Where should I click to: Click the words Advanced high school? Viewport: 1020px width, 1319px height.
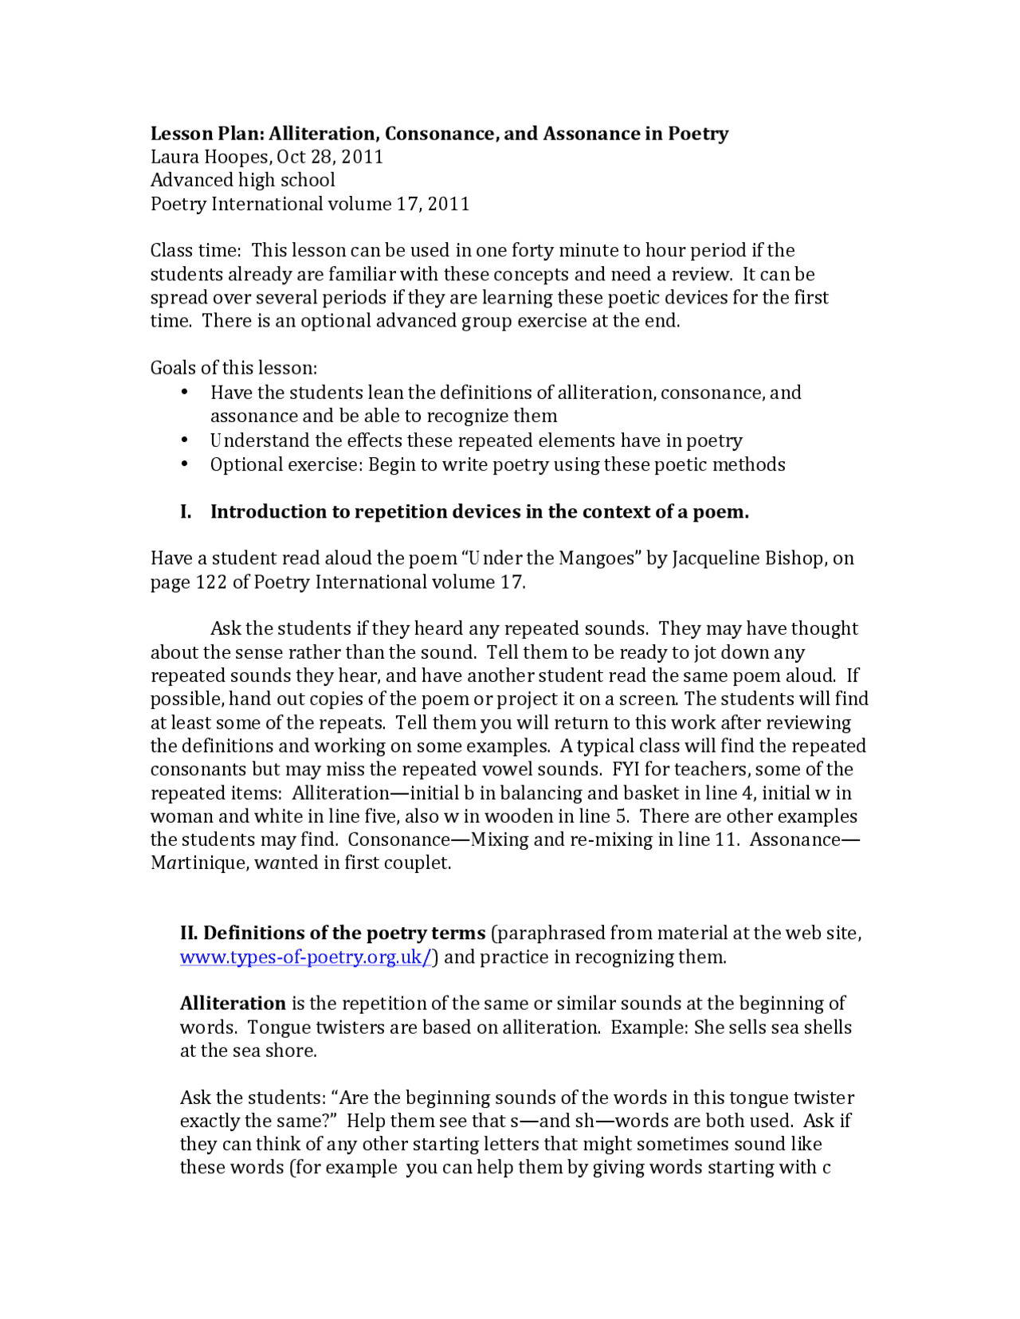coord(242,180)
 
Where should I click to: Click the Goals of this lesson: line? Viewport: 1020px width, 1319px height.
coord(233,368)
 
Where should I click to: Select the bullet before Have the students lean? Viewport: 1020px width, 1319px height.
coord(185,392)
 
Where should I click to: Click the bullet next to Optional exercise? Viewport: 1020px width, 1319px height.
coord(185,464)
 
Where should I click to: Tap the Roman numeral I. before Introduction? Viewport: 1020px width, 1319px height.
coord(186,512)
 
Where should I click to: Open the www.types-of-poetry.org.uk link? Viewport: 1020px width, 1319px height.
coord(305,957)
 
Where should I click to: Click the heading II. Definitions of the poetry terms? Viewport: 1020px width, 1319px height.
coord(332,933)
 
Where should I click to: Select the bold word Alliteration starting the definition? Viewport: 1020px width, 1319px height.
coord(233,1004)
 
